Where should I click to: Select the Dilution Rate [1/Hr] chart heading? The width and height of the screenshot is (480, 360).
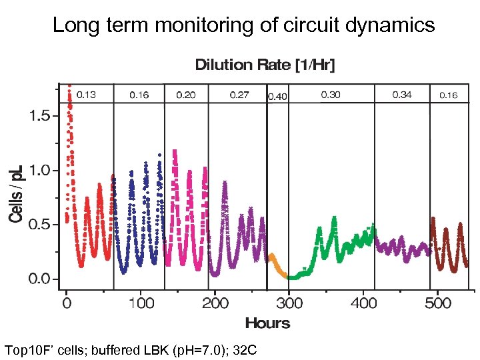(x=265, y=65)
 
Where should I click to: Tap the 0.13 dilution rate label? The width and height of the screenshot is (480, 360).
(x=86, y=95)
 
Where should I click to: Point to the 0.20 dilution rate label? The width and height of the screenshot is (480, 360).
(x=186, y=95)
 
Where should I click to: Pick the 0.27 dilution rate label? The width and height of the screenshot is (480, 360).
(x=239, y=95)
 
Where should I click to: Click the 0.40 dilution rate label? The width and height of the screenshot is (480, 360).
(x=277, y=97)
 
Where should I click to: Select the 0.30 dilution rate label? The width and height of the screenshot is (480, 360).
(x=331, y=95)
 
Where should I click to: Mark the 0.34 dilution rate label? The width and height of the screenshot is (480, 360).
(x=402, y=95)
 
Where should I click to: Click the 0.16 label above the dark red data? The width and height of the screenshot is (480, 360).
(x=449, y=95)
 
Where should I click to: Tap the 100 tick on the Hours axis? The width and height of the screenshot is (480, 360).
(x=141, y=303)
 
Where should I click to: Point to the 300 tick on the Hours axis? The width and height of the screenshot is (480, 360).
(x=288, y=303)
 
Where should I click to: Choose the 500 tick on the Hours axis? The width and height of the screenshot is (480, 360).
(x=438, y=303)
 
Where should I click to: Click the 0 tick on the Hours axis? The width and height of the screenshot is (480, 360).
(x=67, y=303)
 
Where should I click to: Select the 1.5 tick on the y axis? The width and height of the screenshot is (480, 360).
(x=39, y=116)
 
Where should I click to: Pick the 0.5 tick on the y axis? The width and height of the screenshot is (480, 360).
(x=39, y=225)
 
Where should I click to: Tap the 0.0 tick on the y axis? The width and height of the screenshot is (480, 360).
(x=39, y=279)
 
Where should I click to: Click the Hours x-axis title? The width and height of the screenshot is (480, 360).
(x=267, y=323)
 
